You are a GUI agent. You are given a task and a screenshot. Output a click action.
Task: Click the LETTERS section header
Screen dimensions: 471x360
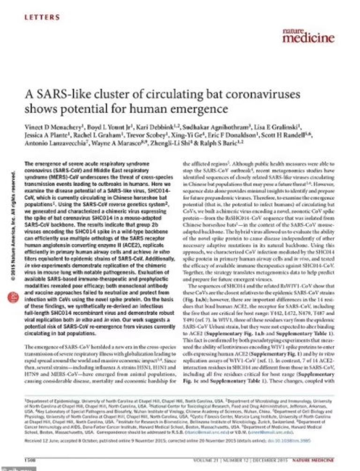[x=42, y=17]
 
